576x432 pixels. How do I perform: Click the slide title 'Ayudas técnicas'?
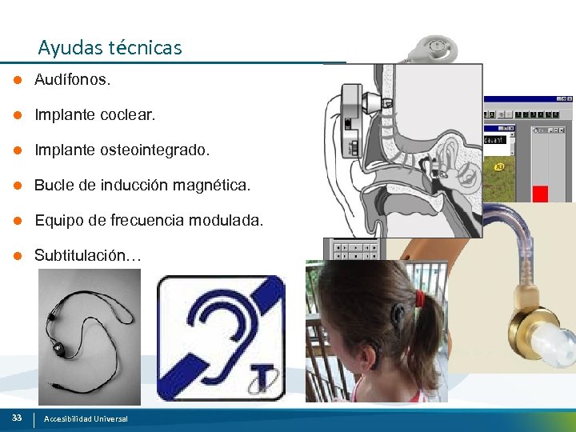pyautogui.click(x=110, y=48)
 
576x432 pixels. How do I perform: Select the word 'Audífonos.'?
pyautogui.click(x=73, y=80)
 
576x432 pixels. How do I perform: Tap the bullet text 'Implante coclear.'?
pyautogui.click(x=94, y=115)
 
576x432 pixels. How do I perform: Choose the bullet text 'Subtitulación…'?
pyautogui.click(x=88, y=256)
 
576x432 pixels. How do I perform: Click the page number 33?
pyautogui.click(x=16, y=418)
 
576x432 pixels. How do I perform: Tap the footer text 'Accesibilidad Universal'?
pyautogui.click(x=86, y=419)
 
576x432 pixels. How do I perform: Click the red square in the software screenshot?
pyautogui.click(x=540, y=193)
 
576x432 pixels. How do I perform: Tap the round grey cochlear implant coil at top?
pyautogui.click(x=436, y=48)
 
